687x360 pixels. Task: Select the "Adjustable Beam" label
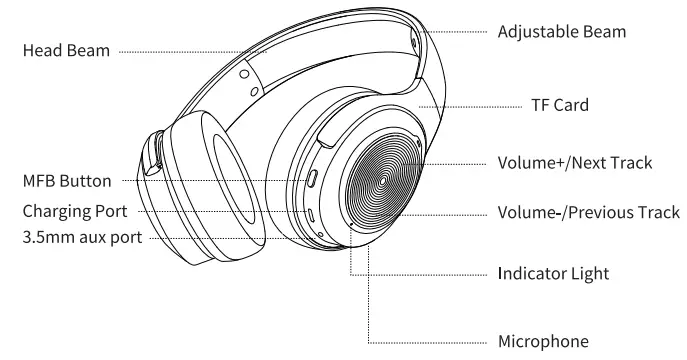pyautogui.click(x=562, y=32)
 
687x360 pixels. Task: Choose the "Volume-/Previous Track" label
pyautogui.click(x=588, y=213)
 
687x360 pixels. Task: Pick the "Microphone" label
pyautogui.click(x=547, y=341)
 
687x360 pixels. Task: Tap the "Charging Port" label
pyautogui.click(x=67, y=212)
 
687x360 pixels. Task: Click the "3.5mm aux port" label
pyautogui.click(x=71, y=237)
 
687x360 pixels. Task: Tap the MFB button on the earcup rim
pyautogui.click(x=313, y=180)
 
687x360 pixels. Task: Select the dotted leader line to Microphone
pyautogui.click(x=430, y=341)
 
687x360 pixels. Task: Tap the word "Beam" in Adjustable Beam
pyautogui.click(x=603, y=32)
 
